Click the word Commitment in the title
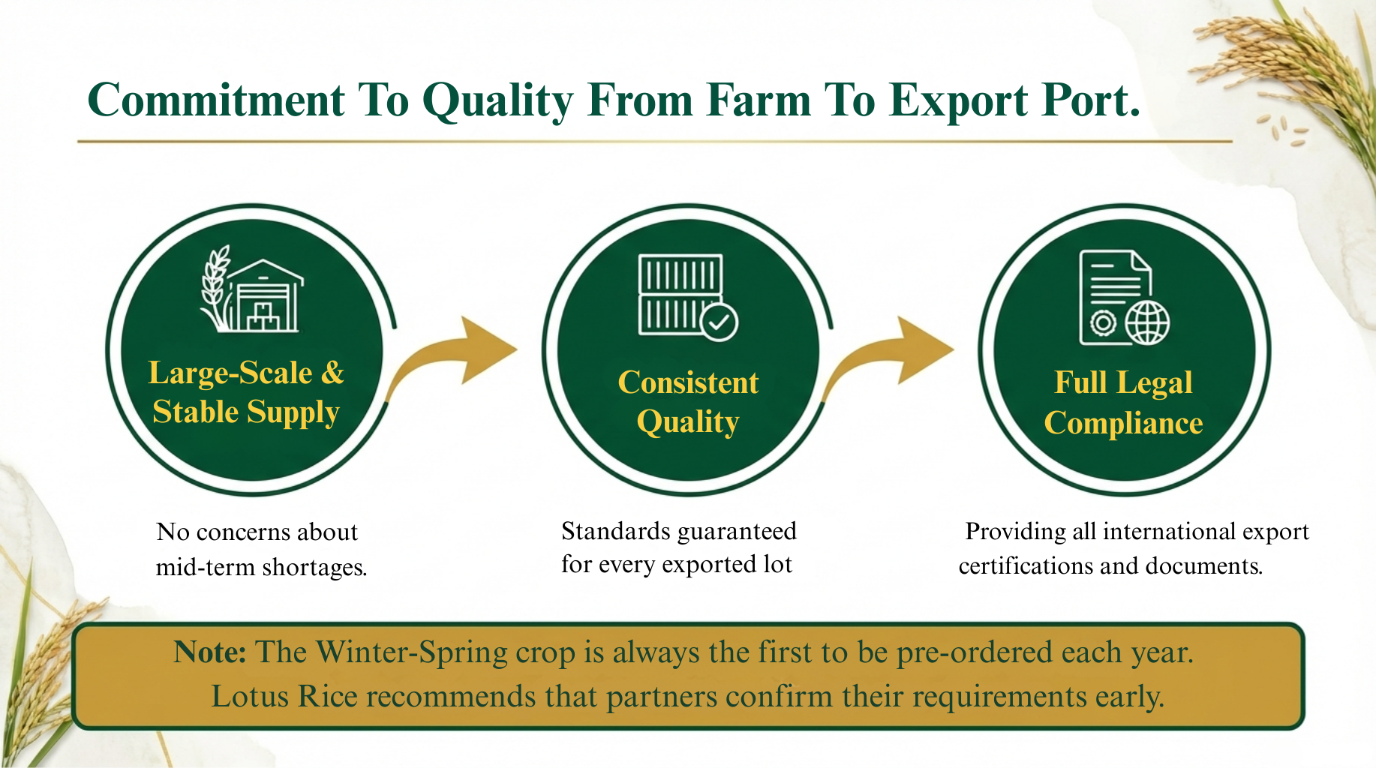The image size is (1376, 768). (x=216, y=100)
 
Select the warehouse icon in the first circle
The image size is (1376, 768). (x=265, y=295)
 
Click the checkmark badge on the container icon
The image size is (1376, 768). (x=720, y=322)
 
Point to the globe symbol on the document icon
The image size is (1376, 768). (x=1147, y=322)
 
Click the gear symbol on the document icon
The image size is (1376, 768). (x=1103, y=323)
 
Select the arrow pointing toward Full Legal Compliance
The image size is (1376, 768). (x=888, y=358)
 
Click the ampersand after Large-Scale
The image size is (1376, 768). (x=332, y=373)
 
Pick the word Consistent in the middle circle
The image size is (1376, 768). (x=688, y=382)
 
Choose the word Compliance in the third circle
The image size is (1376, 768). (x=1123, y=423)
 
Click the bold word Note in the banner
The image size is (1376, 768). (x=209, y=652)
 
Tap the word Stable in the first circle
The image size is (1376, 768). (x=195, y=412)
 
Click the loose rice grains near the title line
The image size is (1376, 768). (x=1284, y=129)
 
